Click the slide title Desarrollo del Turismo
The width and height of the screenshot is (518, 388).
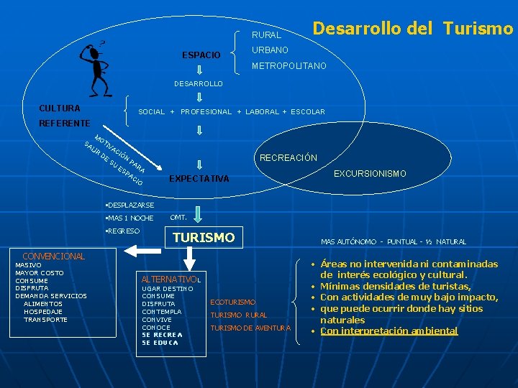coord(413,28)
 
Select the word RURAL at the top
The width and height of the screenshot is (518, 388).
coord(266,34)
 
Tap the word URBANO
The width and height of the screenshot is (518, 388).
coord(270,50)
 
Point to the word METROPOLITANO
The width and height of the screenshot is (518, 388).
coord(288,66)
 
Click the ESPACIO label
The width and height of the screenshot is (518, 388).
coord(201,55)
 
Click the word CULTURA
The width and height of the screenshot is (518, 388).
coord(60,108)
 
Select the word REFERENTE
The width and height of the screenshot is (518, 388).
coord(64,124)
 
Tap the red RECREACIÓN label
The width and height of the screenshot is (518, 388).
coord(288,158)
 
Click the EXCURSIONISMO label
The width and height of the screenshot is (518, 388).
coord(370,174)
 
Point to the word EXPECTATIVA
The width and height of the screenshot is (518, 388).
coord(199,179)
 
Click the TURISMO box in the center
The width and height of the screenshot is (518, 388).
coord(204,237)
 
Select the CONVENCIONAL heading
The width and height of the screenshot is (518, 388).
coord(54,256)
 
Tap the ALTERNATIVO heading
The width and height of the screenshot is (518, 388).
coord(170,279)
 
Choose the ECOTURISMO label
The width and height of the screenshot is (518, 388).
coord(232,302)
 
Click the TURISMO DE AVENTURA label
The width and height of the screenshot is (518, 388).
coord(250,328)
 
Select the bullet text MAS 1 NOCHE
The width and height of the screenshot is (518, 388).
coord(130,218)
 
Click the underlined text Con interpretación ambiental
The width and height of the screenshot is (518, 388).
coord(388,331)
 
